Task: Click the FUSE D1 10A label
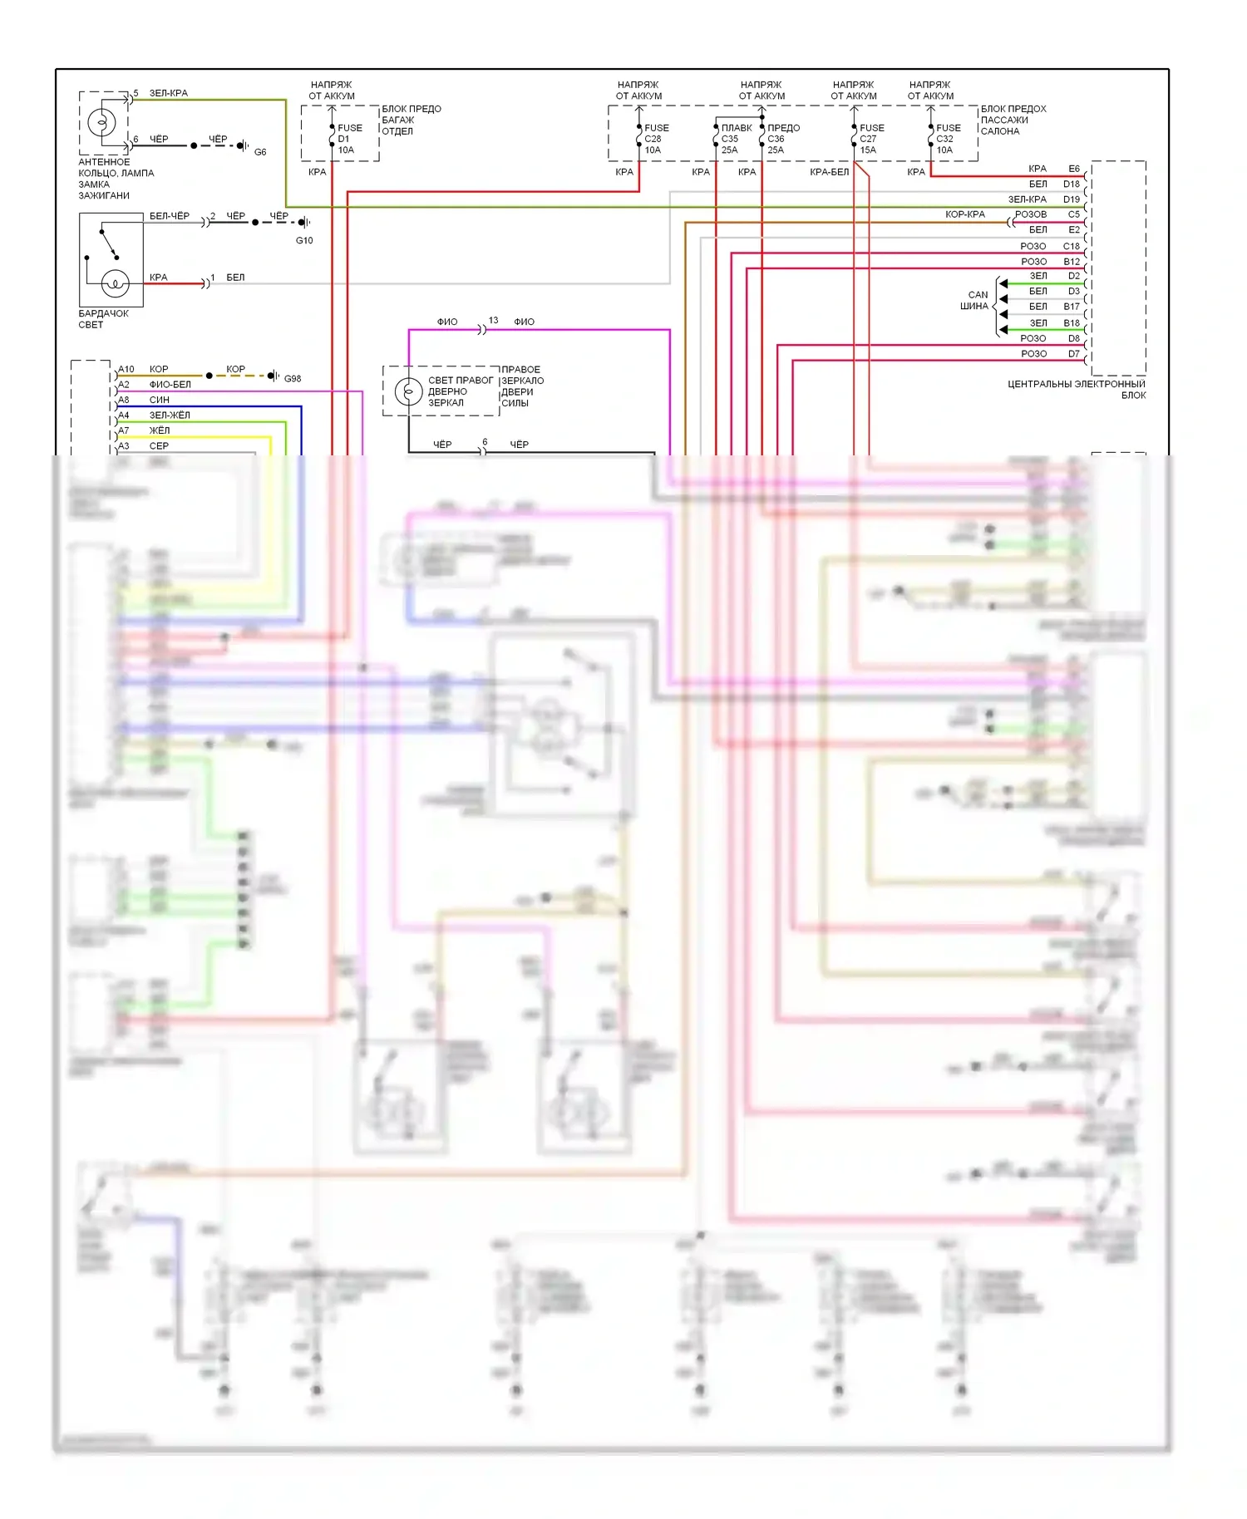(348, 139)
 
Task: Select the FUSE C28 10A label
(655, 139)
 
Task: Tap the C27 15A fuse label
(870, 139)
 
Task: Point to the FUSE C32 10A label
(947, 139)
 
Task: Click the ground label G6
(260, 152)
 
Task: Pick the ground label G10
(304, 240)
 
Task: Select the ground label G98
(293, 378)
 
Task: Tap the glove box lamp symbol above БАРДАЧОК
(115, 283)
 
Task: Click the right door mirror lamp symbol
(408, 391)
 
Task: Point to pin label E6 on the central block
(1073, 169)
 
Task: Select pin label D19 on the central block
(1071, 199)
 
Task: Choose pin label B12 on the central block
(1071, 262)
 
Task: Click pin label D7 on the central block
(1073, 354)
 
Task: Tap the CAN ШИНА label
(976, 301)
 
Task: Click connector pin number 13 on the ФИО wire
(494, 320)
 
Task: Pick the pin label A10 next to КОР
(126, 369)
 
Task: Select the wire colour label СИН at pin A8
(159, 400)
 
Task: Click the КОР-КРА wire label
(964, 214)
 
